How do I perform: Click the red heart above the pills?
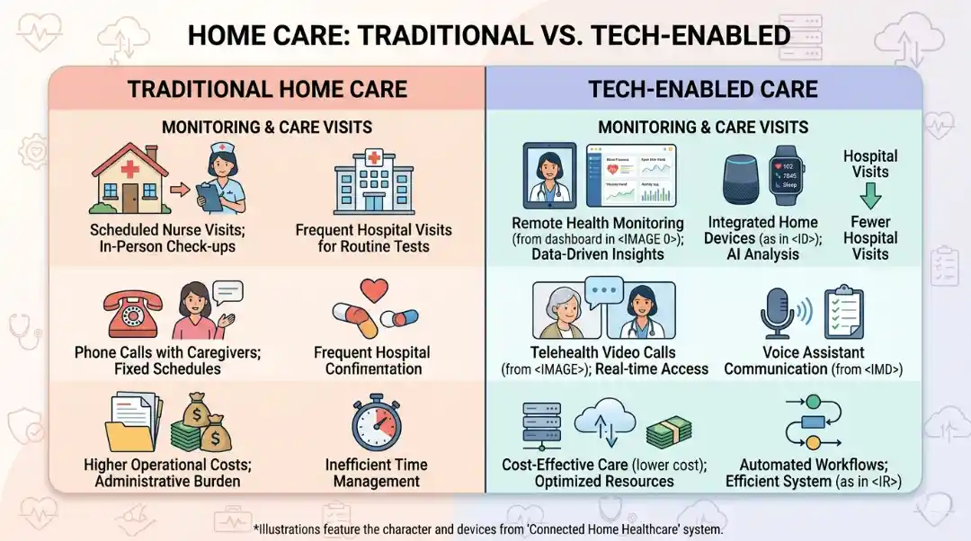coord(373,290)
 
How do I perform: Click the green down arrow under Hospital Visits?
coord(870,195)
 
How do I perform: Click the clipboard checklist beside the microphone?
coord(843,311)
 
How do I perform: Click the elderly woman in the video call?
coord(565,315)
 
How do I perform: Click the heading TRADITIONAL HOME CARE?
coord(267,89)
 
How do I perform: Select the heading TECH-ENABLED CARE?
coord(703,89)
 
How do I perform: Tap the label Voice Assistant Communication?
coord(814,360)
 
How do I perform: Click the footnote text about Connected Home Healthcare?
coord(488,529)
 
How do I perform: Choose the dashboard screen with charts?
coord(631,176)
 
